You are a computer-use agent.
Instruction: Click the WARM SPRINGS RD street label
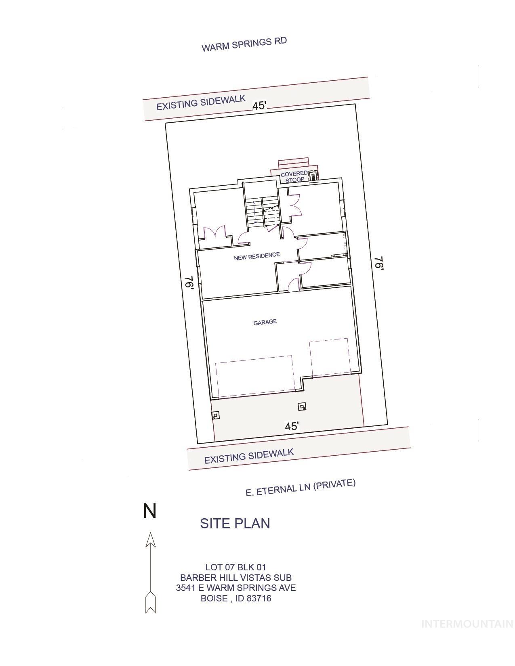pos(244,44)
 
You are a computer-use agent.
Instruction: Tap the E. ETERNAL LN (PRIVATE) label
pos(301,487)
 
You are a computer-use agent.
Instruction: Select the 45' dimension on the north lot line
pos(259,106)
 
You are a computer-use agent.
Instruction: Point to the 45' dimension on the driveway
pos(292,426)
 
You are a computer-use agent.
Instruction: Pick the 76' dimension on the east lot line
pos(379,263)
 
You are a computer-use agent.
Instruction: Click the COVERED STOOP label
pos(294,177)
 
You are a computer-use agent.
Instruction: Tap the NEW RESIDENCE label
pos(257,256)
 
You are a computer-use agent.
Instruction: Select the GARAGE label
pos(265,322)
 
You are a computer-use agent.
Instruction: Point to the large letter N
pos(150,511)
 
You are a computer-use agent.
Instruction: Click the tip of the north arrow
pos(150,532)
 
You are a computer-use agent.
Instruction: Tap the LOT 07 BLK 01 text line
pos(235,567)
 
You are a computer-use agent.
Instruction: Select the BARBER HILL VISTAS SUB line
pos(236,578)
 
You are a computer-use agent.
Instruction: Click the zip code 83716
pos(259,598)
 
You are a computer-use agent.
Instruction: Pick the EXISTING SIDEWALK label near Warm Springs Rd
pos(201,103)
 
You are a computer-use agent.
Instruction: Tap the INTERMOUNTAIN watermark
pos(467,624)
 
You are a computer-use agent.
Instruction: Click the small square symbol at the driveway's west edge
pos(215,415)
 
